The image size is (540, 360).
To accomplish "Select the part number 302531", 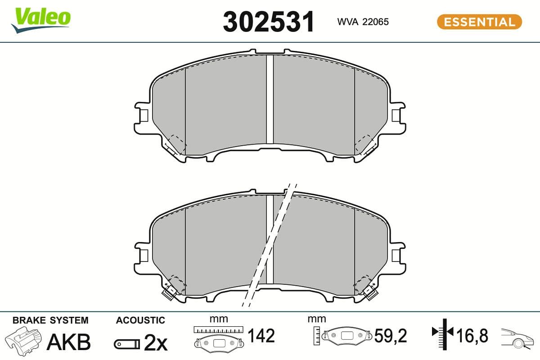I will coord(269,22).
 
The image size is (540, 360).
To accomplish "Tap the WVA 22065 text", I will coord(363,22).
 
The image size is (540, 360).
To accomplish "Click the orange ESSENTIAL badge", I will coord(479,22).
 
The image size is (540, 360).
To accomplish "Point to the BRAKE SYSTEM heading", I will coord(50,320).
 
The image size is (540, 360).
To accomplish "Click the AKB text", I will coord(69,342).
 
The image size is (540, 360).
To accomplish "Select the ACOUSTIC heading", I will coord(140,320).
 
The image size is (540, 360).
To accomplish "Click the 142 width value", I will coord(261,336).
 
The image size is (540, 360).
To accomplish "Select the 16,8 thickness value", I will coord(472,336).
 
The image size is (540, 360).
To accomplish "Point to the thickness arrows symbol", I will coord(444,333).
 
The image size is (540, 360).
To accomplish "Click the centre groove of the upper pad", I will coord(270,99).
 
